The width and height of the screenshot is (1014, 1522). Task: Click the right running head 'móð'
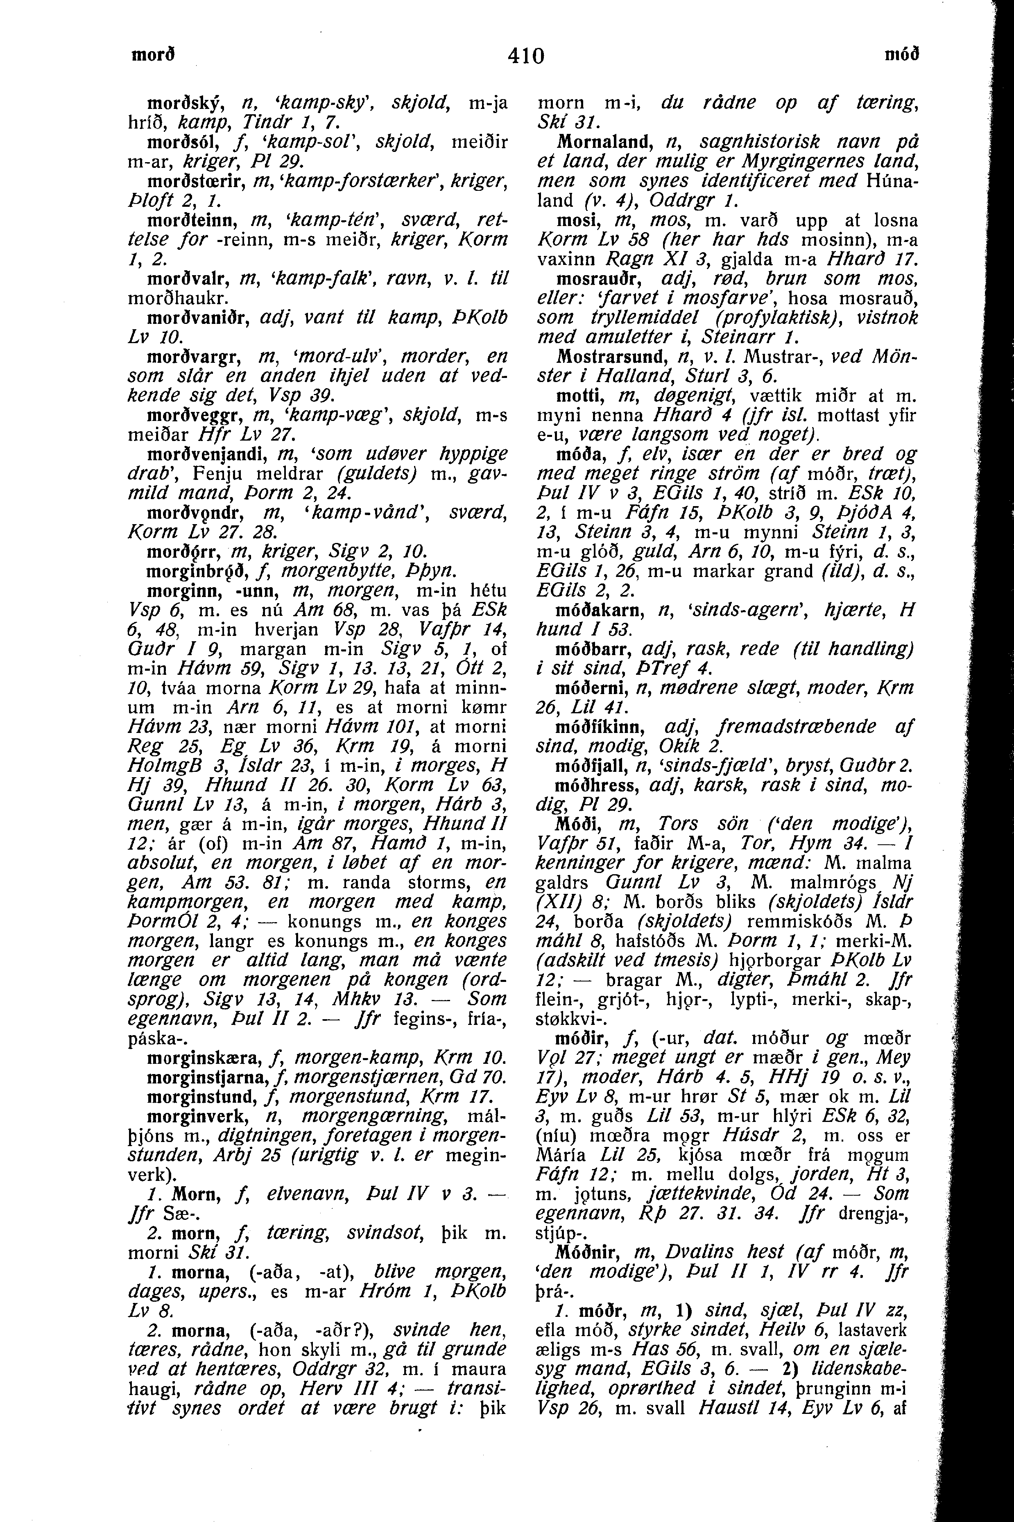(901, 55)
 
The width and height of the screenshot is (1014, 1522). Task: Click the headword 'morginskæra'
(202, 1058)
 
